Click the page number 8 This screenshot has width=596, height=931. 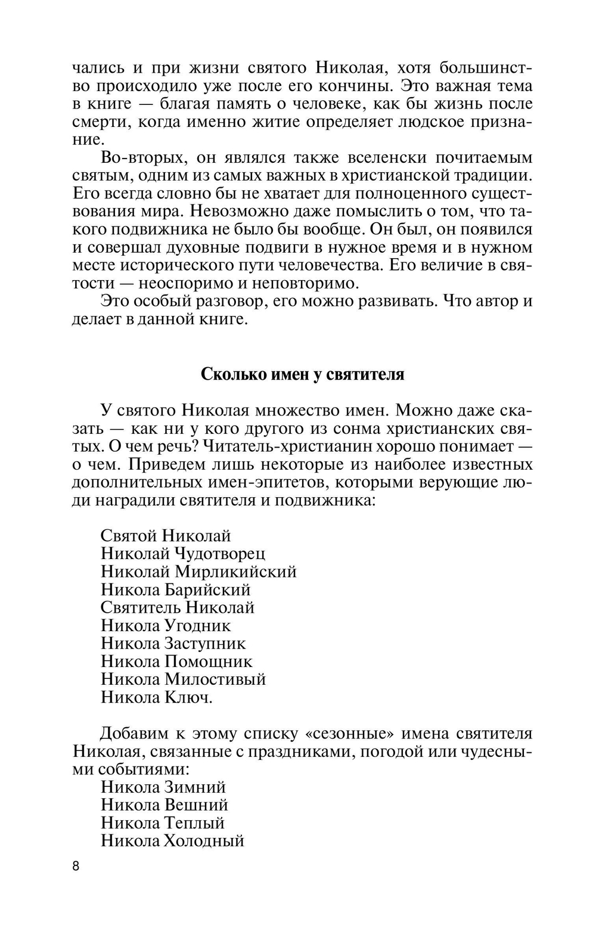tap(76, 866)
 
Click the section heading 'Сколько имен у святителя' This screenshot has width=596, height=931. tap(302, 374)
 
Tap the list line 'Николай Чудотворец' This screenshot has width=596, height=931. tap(183, 554)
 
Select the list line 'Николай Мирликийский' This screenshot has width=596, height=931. tap(198, 572)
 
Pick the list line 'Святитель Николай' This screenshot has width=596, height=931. tap(178, 607)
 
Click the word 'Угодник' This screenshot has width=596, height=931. tap(198, 625)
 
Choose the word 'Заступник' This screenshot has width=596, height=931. tap(205, 643)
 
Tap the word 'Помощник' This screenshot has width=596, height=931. tap(209, 661)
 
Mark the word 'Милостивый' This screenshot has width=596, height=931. tap(215, 679)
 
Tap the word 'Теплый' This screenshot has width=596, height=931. tap(195, 823)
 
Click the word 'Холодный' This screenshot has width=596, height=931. tap(204, 841)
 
